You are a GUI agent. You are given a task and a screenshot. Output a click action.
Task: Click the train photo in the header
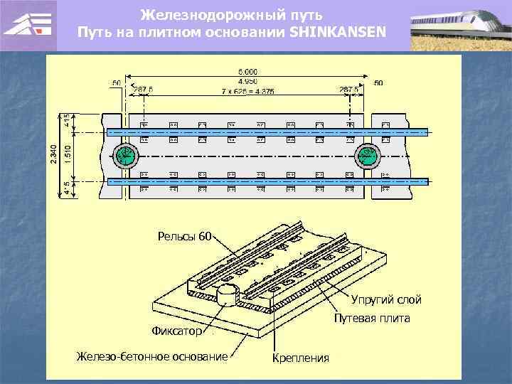pyautogui.click(x=460, y=25)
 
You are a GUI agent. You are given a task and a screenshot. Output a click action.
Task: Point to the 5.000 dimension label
pyautogui.click(x=248, y=71)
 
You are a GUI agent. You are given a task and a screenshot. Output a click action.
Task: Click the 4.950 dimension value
pyautogui.click(x=248, y=80)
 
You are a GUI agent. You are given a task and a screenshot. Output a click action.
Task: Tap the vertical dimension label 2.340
pyautogui.click(x=53, y=156)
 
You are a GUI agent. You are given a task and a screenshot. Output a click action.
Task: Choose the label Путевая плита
pyautogui.click(x=371, y=318)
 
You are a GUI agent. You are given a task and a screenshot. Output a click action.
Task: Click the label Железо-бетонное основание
pyautogui.click(x=152, y=356)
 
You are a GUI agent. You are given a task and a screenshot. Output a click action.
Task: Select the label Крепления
pyautogui.click(x=301, y=357)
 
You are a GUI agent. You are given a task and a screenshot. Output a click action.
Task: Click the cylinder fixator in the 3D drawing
pyautogui.click(x=226, y=294)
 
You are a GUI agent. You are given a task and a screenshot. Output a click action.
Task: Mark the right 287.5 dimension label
pyautogui.click(x=349, y=90)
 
